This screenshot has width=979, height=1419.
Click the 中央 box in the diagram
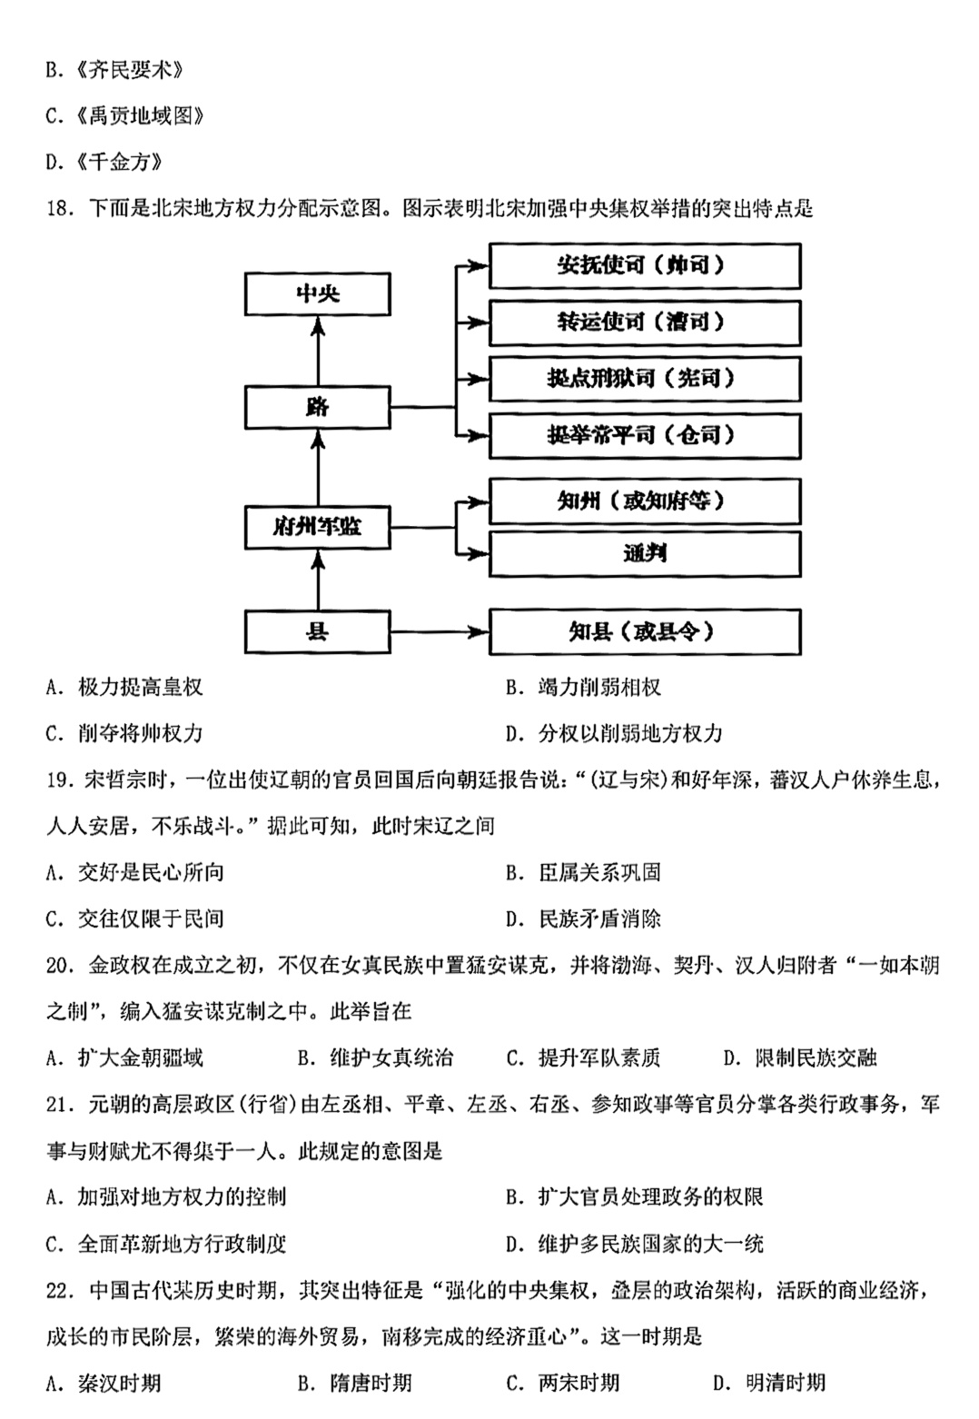coord(317,294)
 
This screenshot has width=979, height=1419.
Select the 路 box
coord(317,407)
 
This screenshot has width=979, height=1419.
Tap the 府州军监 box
coord(317,527)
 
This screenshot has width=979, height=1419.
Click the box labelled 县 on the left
coord(317,631)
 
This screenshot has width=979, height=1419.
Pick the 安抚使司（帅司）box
coord(645,265)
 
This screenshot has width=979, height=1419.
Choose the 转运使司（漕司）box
coord(645,322)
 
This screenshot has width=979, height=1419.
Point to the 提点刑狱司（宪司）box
coord(645,379)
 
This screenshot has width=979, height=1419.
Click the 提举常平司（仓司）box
coord(645,436)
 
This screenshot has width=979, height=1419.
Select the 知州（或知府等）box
coord(645,501)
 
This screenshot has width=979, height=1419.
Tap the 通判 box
coord(645,553)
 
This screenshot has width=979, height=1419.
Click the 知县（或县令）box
coord(645,631)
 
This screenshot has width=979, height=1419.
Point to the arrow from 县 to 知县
coord(440,631)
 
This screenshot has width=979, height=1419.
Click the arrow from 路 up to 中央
coord(318,351)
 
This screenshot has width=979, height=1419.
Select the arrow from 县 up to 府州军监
coord(318,579)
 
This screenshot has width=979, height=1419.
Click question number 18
coord(61,208)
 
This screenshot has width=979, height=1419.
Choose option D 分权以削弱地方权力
coord(614,733)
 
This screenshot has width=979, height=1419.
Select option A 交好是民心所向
coord(135,872)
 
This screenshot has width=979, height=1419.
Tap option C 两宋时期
coord(563,1383)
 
